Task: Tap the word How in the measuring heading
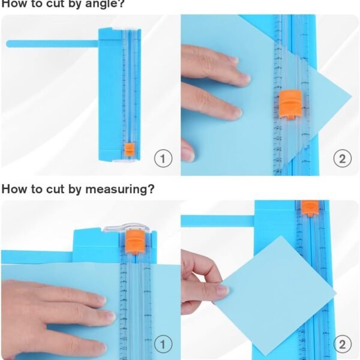coord(14,189)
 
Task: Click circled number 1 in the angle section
coord(163,158)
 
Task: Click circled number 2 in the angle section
coord(342,158)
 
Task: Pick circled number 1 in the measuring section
coord(163,344)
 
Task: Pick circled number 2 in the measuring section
coord(342,344)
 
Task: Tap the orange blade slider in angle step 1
coord(129,149)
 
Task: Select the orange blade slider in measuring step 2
coord(309,208)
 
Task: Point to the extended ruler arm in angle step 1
coord(51,43)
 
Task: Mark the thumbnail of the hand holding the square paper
coord(221,290)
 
